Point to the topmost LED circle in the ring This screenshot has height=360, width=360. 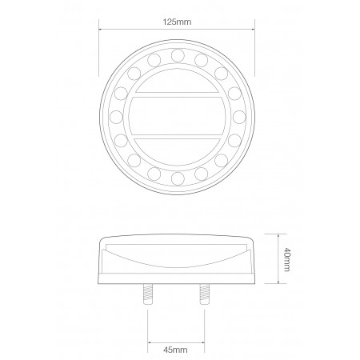pos(178,55)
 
